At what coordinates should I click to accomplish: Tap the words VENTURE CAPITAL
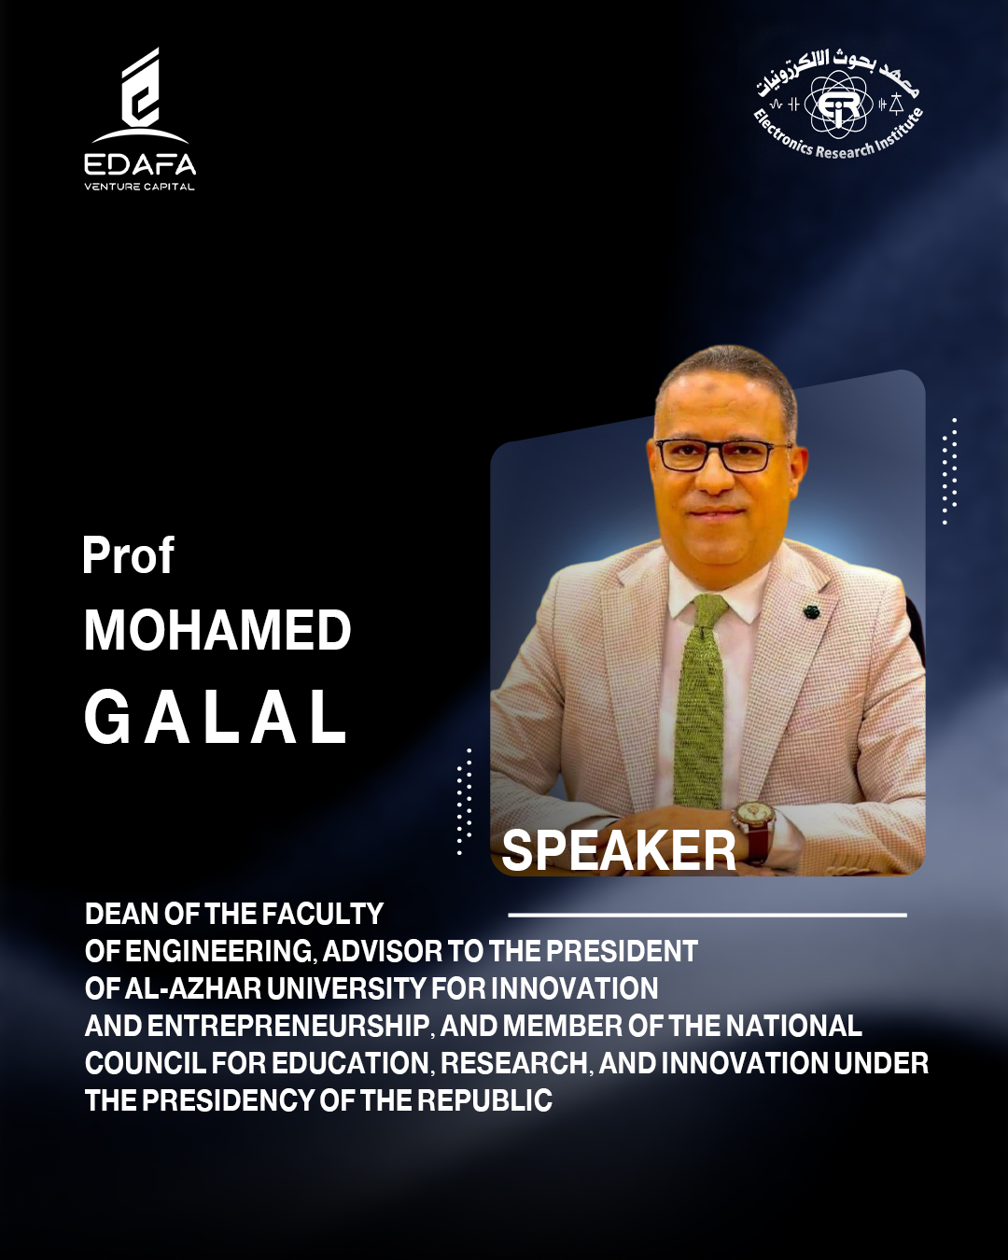tap(139, 187)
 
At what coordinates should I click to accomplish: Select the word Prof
tap(128, 554)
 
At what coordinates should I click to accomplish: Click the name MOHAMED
tap(217, 631)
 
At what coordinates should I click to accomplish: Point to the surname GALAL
tap(216, 717)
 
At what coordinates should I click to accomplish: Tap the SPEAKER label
tap(619, 850)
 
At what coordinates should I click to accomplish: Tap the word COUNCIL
tap(146, 1063)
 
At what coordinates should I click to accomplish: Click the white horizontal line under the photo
tap(707, 914)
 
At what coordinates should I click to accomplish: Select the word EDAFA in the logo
tap(139, 164)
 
